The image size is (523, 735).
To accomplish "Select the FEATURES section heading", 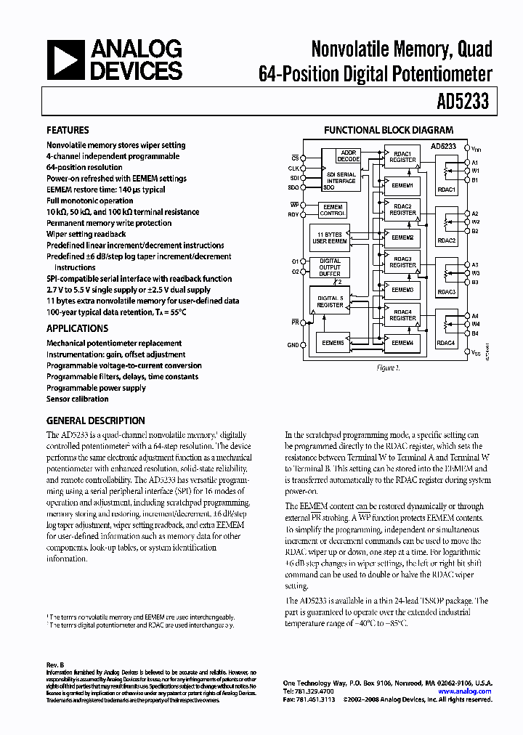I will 68,131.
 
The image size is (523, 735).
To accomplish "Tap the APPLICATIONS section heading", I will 78,328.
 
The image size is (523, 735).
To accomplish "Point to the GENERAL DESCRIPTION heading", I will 95,421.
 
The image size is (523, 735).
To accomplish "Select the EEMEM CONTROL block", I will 333,210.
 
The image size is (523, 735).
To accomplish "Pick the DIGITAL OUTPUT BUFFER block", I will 331,267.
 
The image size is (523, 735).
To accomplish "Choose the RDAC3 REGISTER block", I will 402,262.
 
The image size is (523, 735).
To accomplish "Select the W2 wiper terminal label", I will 475,222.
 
